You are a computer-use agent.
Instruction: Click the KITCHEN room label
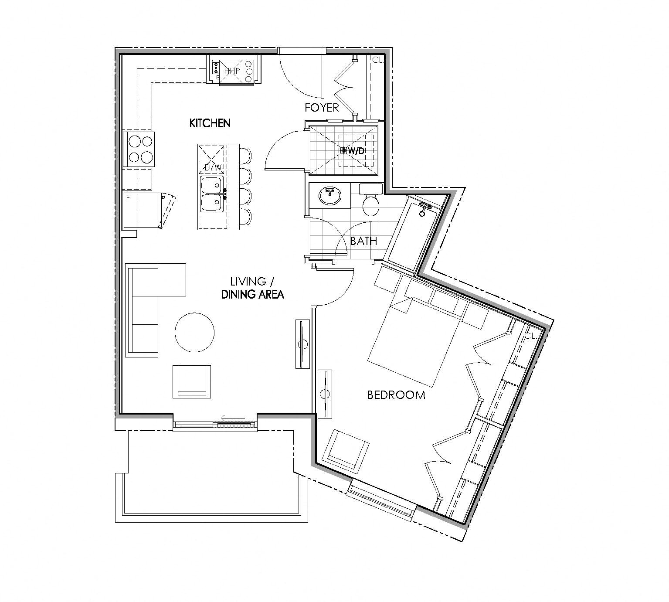pos(210,123)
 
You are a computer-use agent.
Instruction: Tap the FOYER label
pos(322,108)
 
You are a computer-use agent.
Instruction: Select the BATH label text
pos(363,241)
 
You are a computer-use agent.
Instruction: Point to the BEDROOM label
pos(396,395)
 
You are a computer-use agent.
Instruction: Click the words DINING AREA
pos(252,295)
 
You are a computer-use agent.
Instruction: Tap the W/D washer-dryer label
pos(356,151)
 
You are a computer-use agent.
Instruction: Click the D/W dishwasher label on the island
pos(212,167)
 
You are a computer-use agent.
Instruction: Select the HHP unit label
pos(232,71)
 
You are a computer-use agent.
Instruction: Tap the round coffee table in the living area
pos(194,333)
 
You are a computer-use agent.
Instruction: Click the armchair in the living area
pos(192,381)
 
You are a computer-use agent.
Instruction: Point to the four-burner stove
pos(139,149)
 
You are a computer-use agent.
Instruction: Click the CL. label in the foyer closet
pos(377,60)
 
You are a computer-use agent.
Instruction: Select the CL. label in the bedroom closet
pos(530,336)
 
